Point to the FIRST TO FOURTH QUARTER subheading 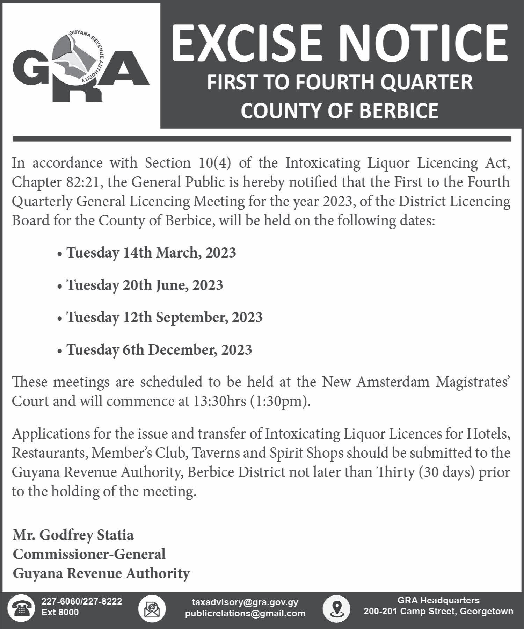point(340,82)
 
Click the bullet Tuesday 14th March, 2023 point(151,253)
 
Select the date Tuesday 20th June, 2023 point(145,285)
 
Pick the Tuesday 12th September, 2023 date point(165,317)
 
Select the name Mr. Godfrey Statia point(73,535)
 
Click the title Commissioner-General point(89,554)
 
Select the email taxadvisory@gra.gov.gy point(245,602)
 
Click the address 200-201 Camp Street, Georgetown point(438,612)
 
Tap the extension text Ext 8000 point(60,612)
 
